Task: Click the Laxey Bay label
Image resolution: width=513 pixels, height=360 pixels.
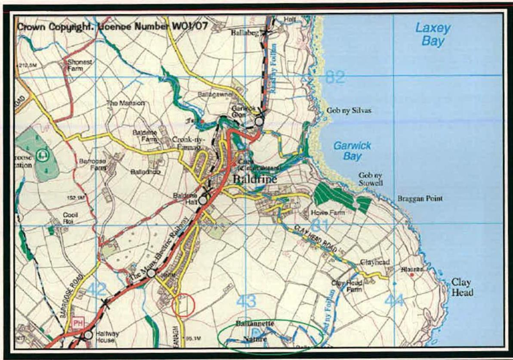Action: [x=433, y=35]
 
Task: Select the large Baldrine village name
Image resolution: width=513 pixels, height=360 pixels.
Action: [x=256, y=179]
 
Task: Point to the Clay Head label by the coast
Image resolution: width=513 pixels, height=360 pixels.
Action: [x=462, y=287]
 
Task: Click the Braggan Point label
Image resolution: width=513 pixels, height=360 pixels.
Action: [x=419, y=199]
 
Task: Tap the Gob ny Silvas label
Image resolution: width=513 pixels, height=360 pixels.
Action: [x=349, y=111]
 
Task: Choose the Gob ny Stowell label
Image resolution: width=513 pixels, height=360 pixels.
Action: [x=371, y=179]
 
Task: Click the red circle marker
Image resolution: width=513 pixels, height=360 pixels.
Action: [x=183, y=305]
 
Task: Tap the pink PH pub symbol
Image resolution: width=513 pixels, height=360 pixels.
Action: [x=78, y=323]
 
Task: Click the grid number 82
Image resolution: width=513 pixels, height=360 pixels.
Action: [x=335, y=78]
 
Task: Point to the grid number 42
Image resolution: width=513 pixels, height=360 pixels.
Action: [x=96, y=289]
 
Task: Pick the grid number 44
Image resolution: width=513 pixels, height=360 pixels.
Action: [x=394, y=300]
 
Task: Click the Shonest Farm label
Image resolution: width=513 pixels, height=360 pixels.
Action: [x=80, y=65]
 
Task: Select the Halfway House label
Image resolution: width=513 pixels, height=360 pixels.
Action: [x=105, y=337]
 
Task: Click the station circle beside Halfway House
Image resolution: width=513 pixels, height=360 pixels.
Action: [x=88, y=335]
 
